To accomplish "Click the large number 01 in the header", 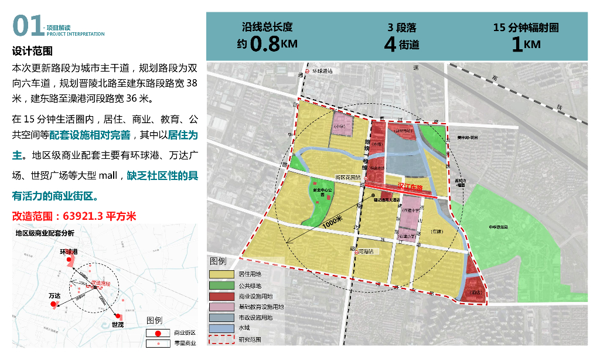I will point(27,26).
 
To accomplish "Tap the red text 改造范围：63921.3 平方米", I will point(74,216).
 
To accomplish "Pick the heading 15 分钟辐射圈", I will point(526,28).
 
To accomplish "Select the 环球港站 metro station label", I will point(322,71).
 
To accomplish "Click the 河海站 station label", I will point(367,252).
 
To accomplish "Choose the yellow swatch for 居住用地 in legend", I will point(221,274).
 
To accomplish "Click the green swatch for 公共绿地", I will point(221,285).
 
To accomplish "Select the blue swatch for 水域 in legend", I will point(221,328).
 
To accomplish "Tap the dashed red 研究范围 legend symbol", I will point(221,339).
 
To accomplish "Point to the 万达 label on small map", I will point(54,296).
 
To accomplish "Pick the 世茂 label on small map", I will point(118,324).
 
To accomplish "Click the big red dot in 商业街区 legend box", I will point(156,333).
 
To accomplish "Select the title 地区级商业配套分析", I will point(45,233).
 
